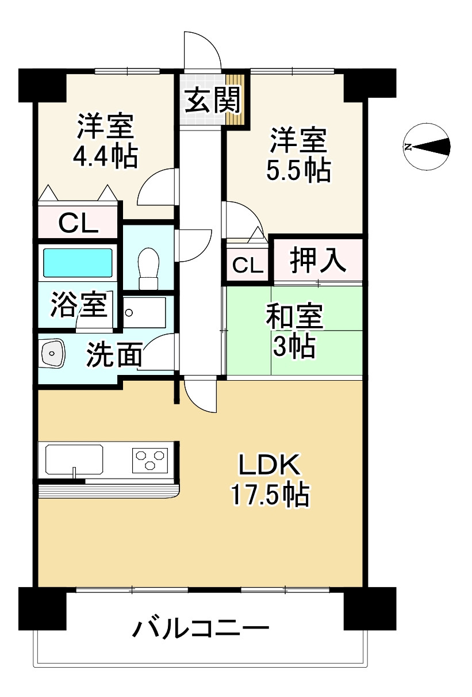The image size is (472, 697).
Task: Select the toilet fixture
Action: click(148, 267)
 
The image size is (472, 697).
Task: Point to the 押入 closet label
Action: click(317, 261)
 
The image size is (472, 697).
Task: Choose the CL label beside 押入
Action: click(248, 265)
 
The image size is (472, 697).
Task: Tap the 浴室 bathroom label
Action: click(79, 305)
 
